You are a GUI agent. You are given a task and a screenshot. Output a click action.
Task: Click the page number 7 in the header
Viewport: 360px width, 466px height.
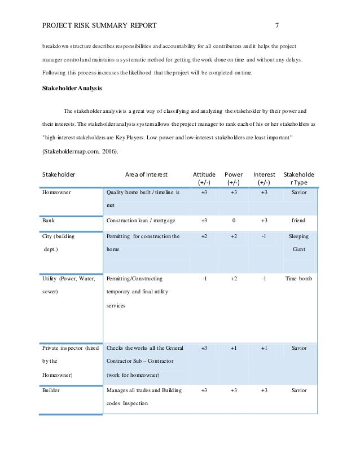pos(277,25)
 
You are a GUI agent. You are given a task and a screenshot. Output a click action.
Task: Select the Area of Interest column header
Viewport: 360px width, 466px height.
pos(146,174)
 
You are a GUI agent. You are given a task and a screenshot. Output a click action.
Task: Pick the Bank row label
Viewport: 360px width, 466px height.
pos(49,221)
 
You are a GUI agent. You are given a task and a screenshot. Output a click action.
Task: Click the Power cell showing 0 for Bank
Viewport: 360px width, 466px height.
pos(234,221)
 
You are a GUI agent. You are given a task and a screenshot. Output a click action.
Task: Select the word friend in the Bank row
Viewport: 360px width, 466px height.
pos(298,221)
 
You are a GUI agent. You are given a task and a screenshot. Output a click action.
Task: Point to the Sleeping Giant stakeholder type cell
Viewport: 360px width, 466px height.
pos(298,243)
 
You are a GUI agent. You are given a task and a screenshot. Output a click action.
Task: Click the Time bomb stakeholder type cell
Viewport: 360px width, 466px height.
pos(298,279)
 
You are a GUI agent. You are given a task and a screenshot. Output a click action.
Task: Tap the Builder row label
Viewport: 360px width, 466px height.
pos(52,390)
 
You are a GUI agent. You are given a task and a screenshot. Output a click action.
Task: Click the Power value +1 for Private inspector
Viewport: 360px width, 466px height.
pos(234,348)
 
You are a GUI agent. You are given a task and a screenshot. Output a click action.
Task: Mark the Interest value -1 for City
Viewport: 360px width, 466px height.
pos(264,237)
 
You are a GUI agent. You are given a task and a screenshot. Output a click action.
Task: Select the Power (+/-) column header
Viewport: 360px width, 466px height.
pos(234,178)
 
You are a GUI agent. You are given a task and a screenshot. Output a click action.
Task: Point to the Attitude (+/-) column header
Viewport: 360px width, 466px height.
pos(204,178)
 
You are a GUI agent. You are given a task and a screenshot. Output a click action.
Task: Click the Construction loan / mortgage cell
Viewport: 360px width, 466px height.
pos(141,221)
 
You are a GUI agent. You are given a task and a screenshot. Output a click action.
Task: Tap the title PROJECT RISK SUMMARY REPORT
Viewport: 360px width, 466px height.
pos(99,25)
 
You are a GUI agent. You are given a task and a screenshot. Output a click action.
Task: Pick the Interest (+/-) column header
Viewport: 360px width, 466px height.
pos(264,178)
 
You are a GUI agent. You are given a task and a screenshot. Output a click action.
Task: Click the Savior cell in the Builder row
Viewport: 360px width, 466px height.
pos(298,390)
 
